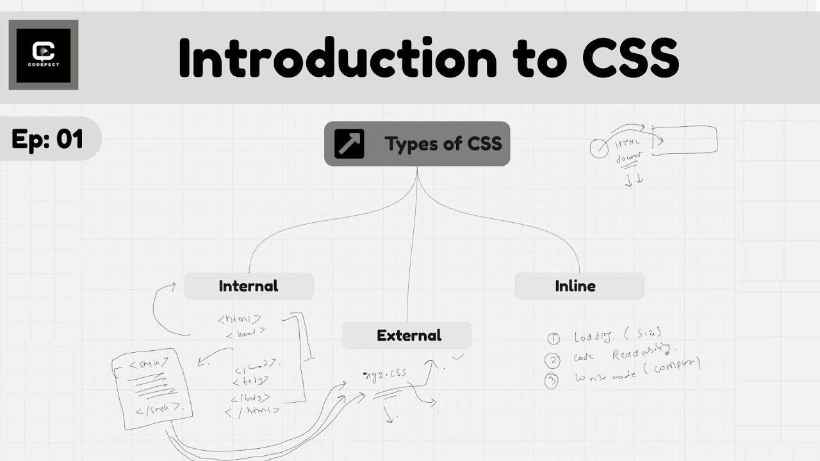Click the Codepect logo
pyautogui.click(x=44, y=54)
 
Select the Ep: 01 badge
pyautogui.click(x=48, y=139)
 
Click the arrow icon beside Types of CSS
pyautogui.click(x=349, y=143)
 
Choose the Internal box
pyautogui.click(x=249, y=286)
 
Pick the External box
pyautogui.click(x=409, y=336)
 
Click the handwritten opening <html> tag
pyautogui.click(x=239, y=318)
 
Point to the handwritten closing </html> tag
pyautogui.click(x=252, y=411)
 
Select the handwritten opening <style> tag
pyautogui.click(x=148, y=364)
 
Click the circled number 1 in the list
pyautogui.click(x=553, y=339)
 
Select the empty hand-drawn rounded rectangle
pyautogui.click(x=685, y=140)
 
